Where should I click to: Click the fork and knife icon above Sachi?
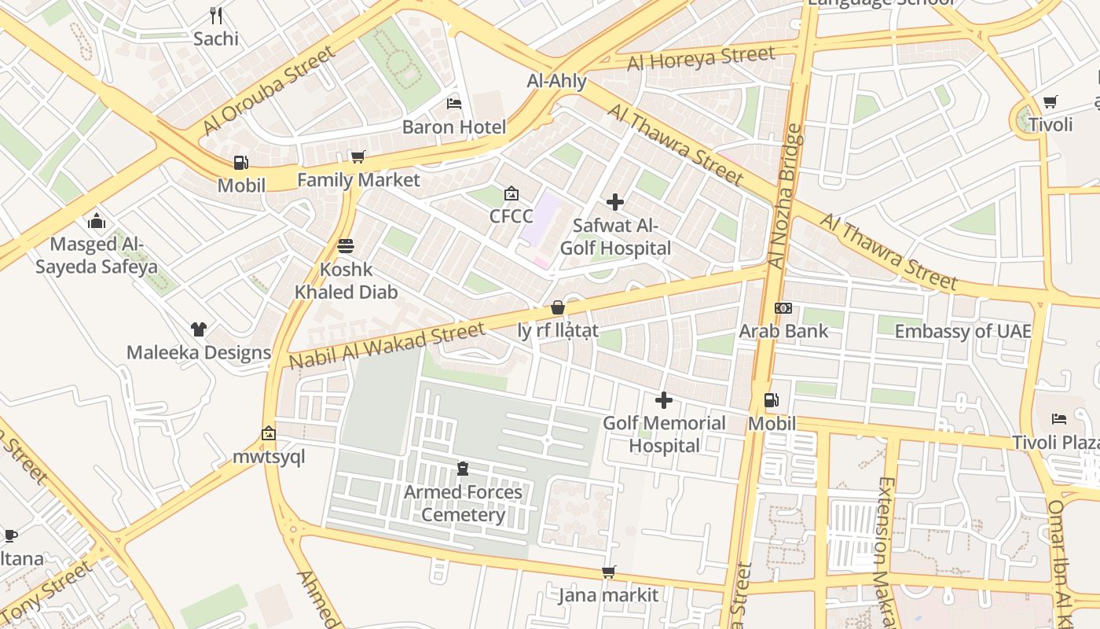(216, 15)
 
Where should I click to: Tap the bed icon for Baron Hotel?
(453, 103)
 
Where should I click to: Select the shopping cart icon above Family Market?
(357, 156)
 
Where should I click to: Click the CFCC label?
(511, 216)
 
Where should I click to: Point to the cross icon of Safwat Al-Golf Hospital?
(615, 202)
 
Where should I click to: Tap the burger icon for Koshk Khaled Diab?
(345, 246)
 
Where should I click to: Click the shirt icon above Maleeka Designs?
(198, 329)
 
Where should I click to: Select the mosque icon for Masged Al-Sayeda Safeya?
(97, 220)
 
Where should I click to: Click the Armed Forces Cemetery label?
(463, 503)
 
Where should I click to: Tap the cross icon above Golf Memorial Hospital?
(664, 400)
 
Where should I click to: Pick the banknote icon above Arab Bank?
(783, 308)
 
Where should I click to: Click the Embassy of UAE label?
(962, 331)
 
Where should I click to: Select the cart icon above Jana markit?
(608, 572)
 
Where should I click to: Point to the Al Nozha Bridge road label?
(785, 197)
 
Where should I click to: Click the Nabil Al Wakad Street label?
(387, 346)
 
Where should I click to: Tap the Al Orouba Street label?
(268, 90)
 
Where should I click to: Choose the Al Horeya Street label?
(701, 58)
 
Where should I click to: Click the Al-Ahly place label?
(556, 81)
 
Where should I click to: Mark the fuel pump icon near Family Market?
(240, 163)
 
